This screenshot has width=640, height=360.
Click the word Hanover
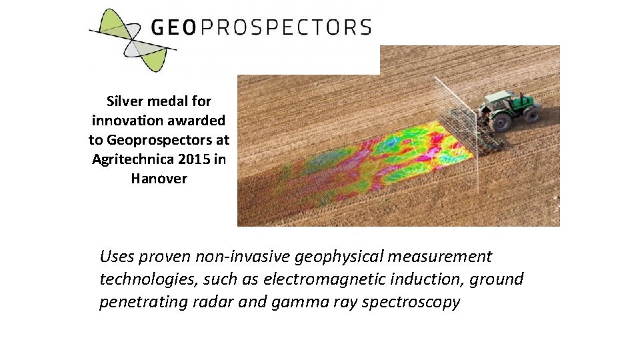click(159, 179)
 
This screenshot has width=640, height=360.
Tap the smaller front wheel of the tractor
click(531, 115)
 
